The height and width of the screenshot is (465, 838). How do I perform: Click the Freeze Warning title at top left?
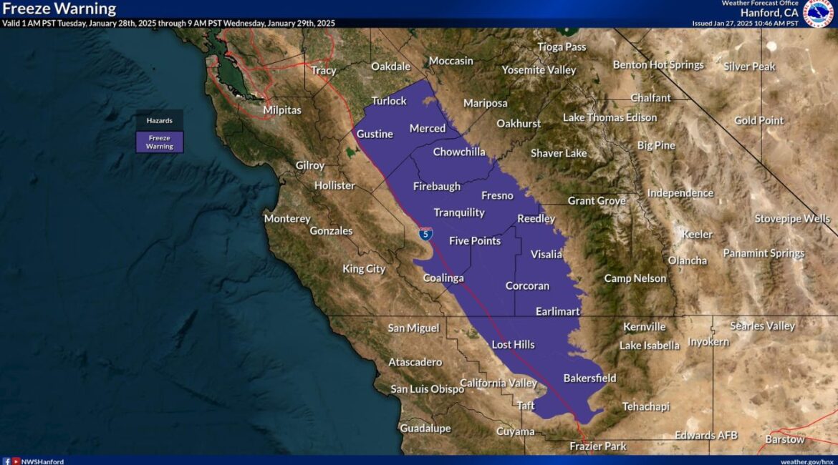(59, 9)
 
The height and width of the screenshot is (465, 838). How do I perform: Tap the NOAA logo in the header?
(818, 13)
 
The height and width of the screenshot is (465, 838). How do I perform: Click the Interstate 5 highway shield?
(425, 233)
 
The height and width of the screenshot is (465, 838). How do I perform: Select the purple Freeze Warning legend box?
(159, 142)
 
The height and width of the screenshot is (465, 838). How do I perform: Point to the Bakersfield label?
(589, 378)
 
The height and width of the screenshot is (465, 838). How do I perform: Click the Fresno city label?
(497, 195)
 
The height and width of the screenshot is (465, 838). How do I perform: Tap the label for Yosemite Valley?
(539, 69)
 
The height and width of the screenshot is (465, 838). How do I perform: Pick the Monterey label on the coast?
(287, 218)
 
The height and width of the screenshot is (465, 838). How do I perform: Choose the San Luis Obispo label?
(428, 388)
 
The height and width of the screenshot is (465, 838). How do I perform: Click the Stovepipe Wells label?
(792, 218)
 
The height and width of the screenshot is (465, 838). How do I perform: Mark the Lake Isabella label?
(650, 346)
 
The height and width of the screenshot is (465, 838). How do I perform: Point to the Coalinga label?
(443, 278)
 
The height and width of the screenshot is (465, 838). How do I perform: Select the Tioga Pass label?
(562, 46)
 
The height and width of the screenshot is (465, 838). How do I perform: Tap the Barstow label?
(785, 439)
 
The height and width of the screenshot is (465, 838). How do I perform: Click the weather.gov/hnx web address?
(807, 461)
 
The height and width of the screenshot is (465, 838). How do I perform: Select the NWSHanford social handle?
(42, 461)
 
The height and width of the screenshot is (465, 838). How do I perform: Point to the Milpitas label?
(282, 110)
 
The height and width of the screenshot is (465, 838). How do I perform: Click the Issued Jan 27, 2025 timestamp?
(745, 23)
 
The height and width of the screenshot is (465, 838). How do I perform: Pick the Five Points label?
(475, 240)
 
